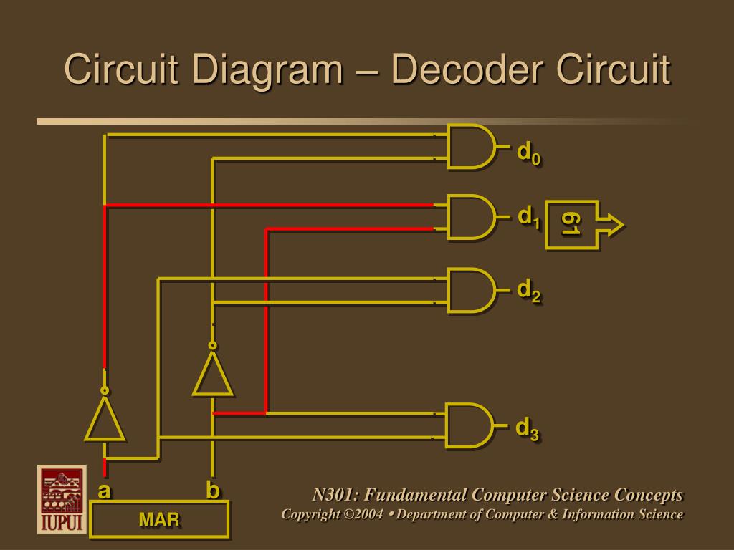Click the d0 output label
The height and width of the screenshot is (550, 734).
coord(529,154)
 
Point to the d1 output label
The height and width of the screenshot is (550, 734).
coord(529,218)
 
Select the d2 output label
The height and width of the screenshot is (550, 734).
coord(529,291)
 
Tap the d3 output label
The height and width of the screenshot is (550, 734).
coord(528,430)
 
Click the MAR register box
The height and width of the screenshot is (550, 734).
coord(159,519)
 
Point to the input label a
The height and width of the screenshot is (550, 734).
coord(105,491)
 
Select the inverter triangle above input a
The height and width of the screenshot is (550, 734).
coord(105,419)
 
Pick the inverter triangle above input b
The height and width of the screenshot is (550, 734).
coord(212,374)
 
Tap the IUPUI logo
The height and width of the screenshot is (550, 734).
coord(62,499)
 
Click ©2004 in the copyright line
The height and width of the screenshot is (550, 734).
coord(363,514)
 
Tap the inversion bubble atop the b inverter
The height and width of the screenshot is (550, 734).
coord(212,346)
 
